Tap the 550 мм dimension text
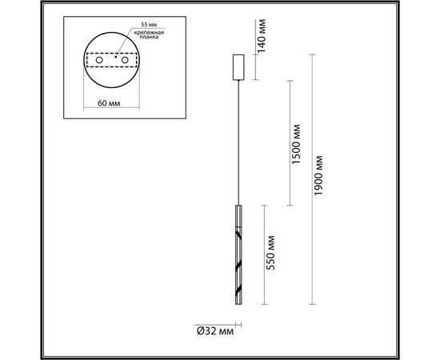point(272,253)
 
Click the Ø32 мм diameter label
point(214,330)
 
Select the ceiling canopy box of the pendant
point(238,67)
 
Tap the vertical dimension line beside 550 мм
point(262,253)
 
